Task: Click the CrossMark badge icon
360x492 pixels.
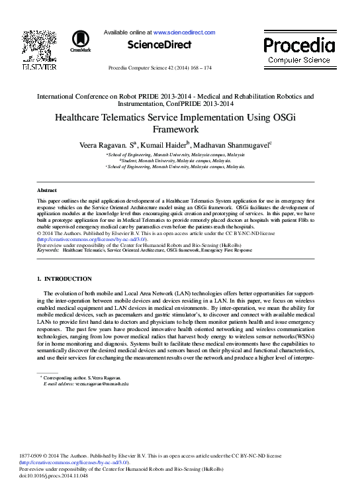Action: coord(80,41)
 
